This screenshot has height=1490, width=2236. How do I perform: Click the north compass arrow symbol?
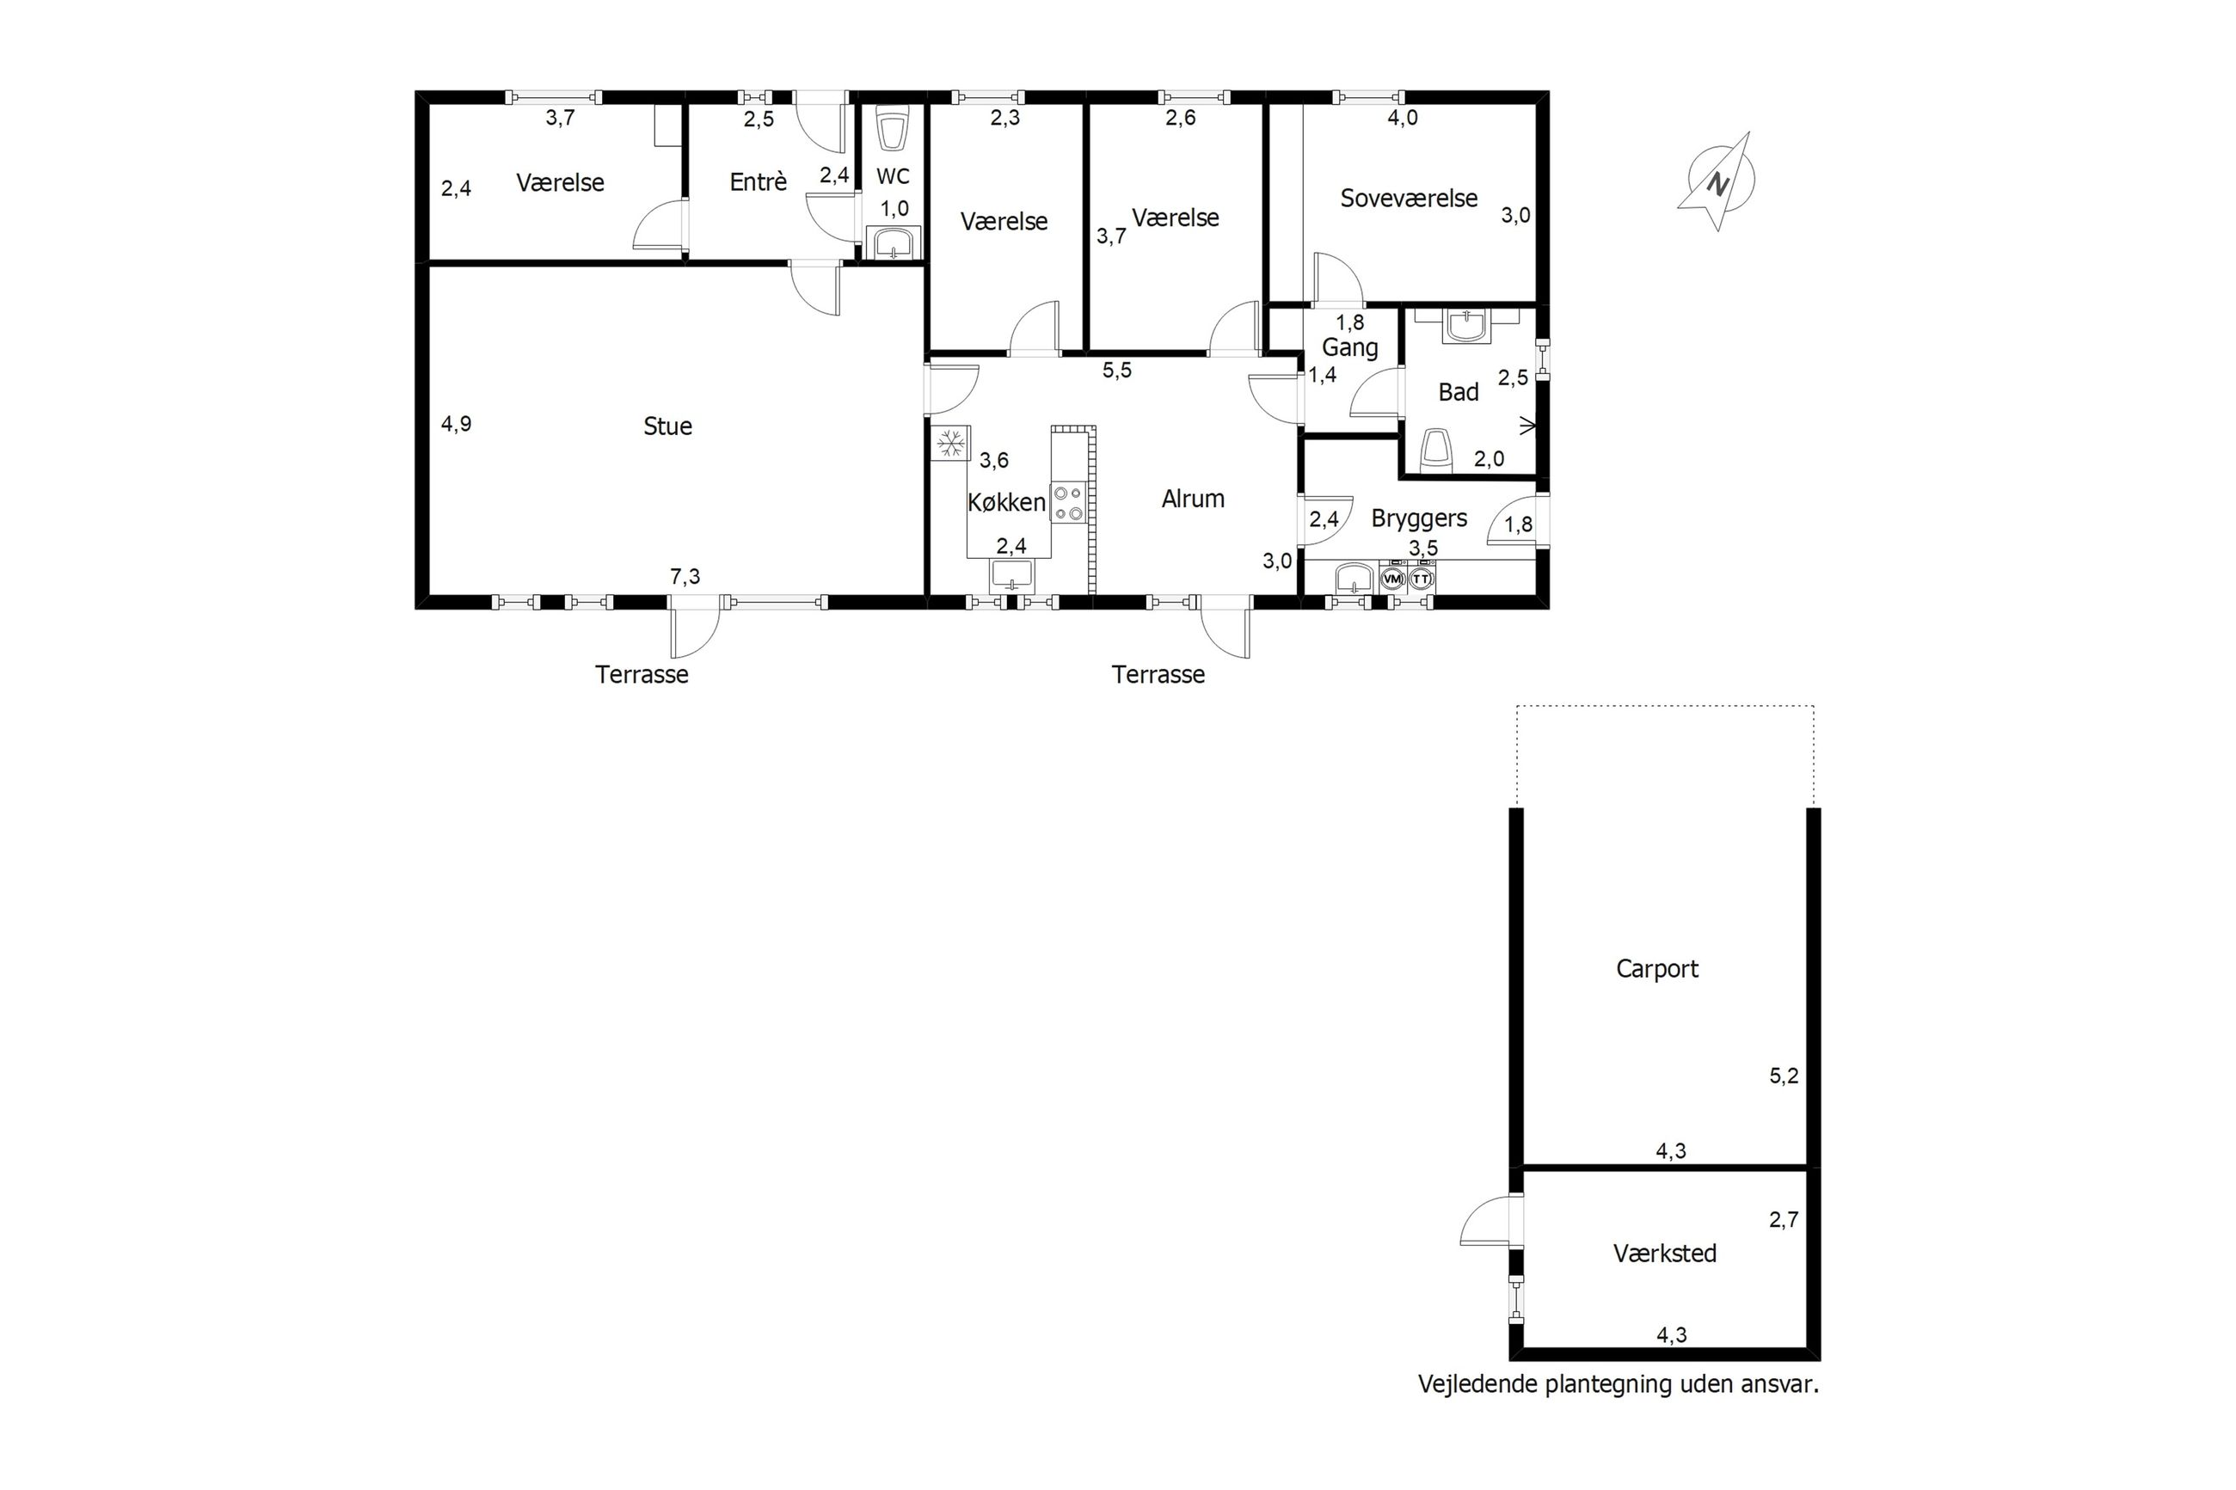click(1717, 181)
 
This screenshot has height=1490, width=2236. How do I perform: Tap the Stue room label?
click(667, 426)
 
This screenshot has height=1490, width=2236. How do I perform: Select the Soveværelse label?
click(1409, 199)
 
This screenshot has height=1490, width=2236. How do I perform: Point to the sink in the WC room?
click(894, 243)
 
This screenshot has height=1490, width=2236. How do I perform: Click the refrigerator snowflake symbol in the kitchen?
click(950, 443)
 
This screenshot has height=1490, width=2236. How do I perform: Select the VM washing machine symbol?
click(1393, 578)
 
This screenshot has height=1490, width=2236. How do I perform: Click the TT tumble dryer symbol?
click(1422, 578)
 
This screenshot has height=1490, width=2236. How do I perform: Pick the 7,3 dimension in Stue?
click(685, 576)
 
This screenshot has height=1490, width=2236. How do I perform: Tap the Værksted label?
click(1665, 1254)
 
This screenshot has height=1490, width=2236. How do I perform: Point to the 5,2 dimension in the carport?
click(1784, 1076)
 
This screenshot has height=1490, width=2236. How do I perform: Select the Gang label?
click(1349, 349)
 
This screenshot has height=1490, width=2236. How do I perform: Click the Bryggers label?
click(1419, 518)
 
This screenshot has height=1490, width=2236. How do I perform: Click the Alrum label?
click(1193, 499)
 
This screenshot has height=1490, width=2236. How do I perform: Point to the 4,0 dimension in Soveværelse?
click(1403, 118)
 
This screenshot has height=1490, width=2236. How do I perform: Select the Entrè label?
click(759, 181)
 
